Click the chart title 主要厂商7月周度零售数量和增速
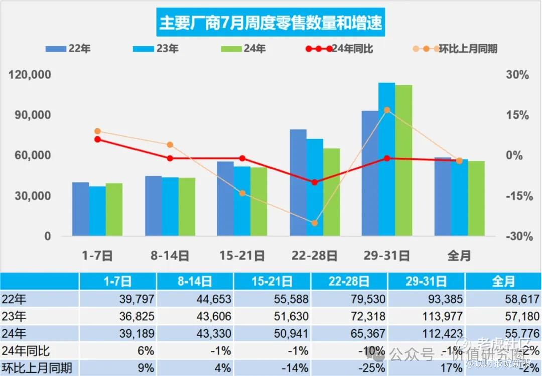(270, 23)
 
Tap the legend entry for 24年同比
(339, 49)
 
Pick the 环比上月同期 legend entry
(455, 49)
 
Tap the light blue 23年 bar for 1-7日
(97, 211)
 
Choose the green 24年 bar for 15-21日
(259, 201)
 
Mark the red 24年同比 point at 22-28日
(315, 182)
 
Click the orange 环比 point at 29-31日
(387, 110)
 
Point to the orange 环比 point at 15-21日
(242, 193)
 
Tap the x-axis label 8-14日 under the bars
(170, 256)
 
